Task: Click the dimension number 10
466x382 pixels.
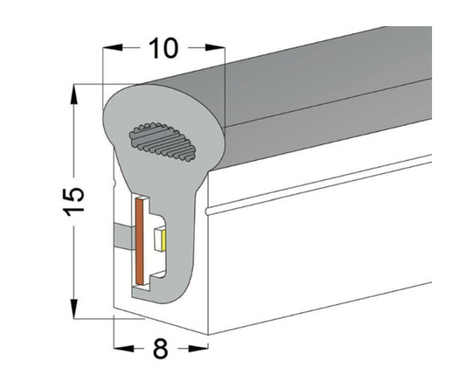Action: [163, 48]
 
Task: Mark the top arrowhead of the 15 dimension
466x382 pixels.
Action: [74, 91]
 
